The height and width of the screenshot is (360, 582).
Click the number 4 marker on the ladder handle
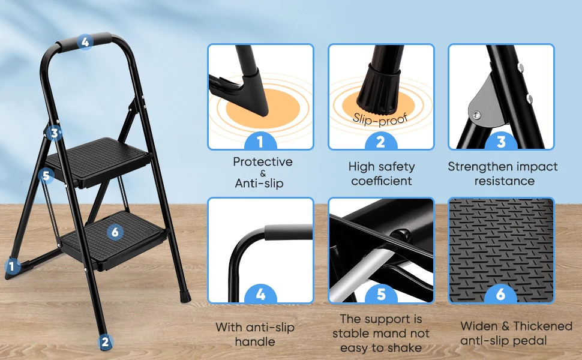[85, 42]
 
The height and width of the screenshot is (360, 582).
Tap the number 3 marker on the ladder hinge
[55, 133]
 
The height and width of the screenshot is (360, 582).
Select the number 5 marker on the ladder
[47, 176]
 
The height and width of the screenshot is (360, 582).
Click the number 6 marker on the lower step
[116, 232]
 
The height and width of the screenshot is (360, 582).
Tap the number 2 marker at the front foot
[106, 343]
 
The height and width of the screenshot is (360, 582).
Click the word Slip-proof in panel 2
[380, 118]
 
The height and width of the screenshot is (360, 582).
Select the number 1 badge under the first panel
[260, 143]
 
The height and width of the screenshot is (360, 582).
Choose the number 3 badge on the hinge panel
[501, 143]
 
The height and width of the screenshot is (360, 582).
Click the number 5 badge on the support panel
[380, 295]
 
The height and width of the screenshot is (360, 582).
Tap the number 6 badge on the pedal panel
[501, 295]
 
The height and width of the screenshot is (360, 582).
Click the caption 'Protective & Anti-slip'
[263, 172]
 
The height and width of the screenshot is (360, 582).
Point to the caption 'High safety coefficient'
[382, 173]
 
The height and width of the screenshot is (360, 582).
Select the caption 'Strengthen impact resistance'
[503, 173]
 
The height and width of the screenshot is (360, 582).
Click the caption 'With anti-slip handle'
[254, 334]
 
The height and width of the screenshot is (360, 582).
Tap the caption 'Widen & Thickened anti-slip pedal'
[516, 334]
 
